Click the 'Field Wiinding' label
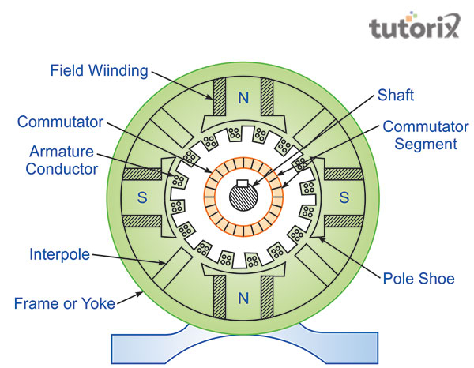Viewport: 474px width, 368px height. click(x=99, y=70)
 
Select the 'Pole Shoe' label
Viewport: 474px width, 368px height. click(x=418, y=278)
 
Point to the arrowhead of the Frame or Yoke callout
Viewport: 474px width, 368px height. click(x=142, y=292)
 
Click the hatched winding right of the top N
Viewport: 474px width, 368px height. click(x=269, y=99)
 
